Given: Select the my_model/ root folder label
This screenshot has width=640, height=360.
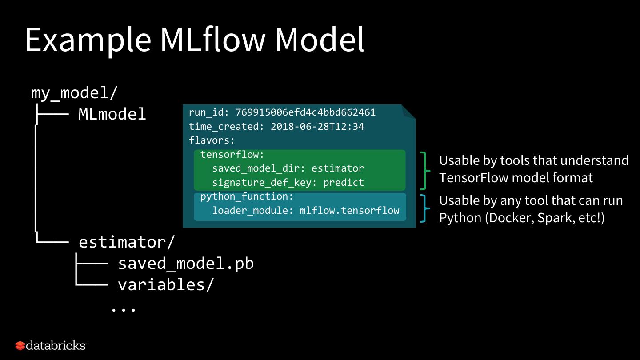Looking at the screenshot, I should (74, 93).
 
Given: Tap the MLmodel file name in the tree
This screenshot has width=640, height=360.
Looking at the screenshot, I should (112, 114).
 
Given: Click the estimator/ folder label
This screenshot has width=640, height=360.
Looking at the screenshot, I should (127, 242).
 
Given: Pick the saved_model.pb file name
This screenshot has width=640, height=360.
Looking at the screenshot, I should (185, 264).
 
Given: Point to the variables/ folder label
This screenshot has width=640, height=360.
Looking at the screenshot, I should (166, 284).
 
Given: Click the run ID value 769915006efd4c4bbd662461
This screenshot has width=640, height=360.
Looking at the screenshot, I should (305, 112).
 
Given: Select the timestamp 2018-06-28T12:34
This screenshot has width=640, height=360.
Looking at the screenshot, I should (317, 127).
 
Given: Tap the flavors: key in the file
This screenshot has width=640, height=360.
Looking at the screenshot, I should (212, 140).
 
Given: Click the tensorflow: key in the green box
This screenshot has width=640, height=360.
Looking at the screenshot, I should (232, 155).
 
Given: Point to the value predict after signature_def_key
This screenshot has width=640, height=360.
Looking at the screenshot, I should (343, 183).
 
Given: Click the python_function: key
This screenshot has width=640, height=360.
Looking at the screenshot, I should (247, 196).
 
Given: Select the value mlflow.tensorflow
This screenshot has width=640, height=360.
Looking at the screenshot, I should (349, 211).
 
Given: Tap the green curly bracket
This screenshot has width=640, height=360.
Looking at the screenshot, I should (425, 171).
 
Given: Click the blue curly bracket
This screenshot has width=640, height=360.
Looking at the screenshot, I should (425, 208).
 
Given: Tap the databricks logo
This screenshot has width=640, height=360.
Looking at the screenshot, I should (50, 345).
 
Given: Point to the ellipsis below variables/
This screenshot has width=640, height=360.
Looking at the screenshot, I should (123, 309).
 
